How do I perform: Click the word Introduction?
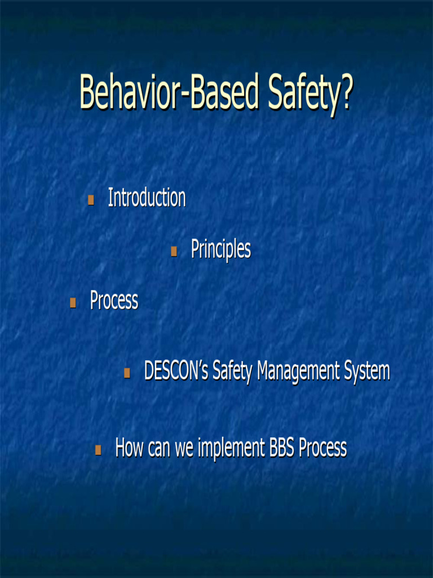(x=147, y=198)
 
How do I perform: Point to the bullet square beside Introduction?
(x=91, y=199)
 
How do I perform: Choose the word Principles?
(x=220, y=249)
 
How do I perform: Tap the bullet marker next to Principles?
(x=174, y=251)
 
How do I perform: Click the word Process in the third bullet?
(x=114, y=300)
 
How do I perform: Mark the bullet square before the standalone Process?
(x=73, y=303)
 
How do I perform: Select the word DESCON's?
(x=176, y=371)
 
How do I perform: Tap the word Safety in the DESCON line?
(x=233, y=371)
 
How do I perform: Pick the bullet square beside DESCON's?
(x=127, y=373)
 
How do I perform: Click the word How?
(x=130, y=448)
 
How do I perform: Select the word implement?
(x=231, y=448)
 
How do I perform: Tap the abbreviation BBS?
(x=281, y=448)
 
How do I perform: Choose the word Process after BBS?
(x=322, y=448)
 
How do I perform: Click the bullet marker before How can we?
(x=98, y=450)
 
